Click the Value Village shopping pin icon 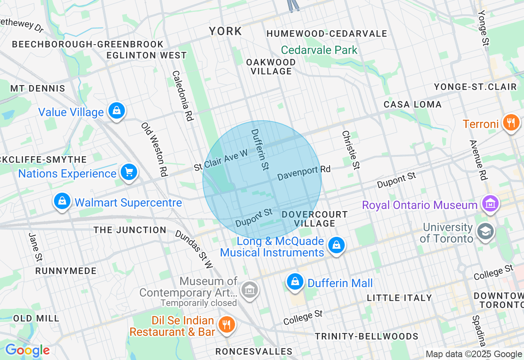(x=117, y=110)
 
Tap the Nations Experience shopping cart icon (x=129, y=172)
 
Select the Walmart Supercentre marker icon (x=62, y=201)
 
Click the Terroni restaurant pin (x=510, y=122)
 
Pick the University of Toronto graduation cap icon (x=486, y=232)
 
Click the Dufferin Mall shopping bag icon (x=294, y=282)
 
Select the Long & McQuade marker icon (x=336, y=245)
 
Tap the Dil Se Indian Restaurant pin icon (x=226, y=325)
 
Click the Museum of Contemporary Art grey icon (x=249, y=290)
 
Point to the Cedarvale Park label (x=319, y=50)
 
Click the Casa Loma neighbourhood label (x=412, y=104)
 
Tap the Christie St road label (x=351, y=150)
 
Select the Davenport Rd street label (x=304, y=173)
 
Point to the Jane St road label (x=36, y=247)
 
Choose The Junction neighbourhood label (x=130, y=230)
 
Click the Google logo (x=27, y=351)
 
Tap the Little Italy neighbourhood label (x=399, y=298)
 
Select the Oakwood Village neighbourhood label (x=271, y=67)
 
